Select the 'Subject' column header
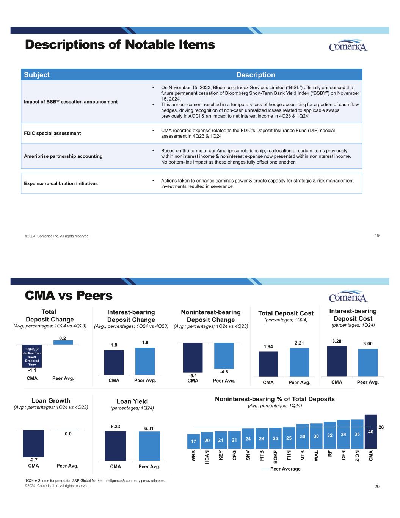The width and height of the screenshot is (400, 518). point(37,75)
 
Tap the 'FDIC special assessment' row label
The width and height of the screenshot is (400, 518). point(52,133)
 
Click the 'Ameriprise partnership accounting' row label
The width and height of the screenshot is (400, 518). point(63,156)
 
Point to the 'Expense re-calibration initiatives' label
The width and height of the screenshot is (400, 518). point(61,183)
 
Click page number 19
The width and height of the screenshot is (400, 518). point(377,236)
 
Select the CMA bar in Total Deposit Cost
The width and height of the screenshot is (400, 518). point(268,364)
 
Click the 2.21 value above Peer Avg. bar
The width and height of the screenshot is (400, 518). point(300,343)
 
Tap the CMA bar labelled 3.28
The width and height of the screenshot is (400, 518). point(337,361)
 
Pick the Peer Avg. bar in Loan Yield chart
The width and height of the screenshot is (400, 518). point(149,446)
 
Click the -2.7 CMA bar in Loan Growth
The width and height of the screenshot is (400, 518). point(33,443)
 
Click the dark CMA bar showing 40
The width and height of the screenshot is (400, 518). point(370,431)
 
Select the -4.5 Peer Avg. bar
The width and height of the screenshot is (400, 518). point(224,356)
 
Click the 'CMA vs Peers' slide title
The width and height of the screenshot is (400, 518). point(69,295)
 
